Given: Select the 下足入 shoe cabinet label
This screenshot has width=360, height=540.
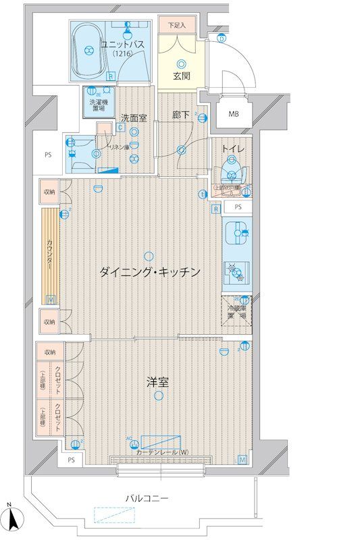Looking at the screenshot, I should click(177, 26).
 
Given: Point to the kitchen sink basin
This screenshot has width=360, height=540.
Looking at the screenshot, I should click(236, 234).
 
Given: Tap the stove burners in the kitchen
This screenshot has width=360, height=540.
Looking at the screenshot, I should click(236, 272).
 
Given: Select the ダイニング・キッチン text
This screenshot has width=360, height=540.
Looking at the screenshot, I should click(150, 272).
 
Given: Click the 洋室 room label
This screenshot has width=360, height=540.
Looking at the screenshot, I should click(157, 381).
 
